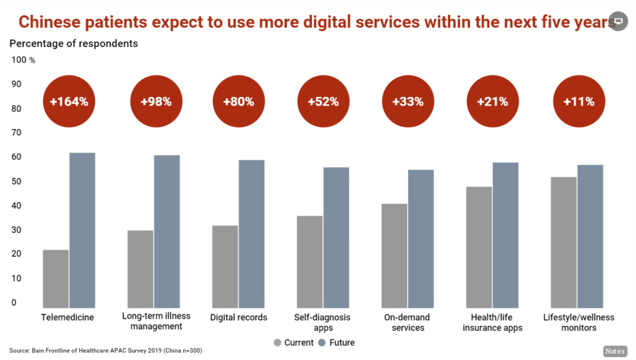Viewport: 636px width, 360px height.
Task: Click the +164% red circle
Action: [x=69, y=101]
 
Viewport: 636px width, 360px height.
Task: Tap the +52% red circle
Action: [x=324, y=101]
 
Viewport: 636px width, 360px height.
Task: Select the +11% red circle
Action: [x=579, y=101]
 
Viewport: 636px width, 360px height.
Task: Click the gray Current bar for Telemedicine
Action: [x=56, y=279]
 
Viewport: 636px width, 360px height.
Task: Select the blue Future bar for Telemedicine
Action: [x=82, y=230]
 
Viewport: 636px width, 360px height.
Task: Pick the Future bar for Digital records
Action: [x=251, y=234]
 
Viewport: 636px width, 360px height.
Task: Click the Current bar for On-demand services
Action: [x=394, y=256]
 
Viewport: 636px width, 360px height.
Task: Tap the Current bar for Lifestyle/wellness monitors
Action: [x=563, y=243]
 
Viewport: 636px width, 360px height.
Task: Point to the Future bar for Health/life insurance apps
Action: [x=505, y=235]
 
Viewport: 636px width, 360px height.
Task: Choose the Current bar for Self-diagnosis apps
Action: [x=309, y=262]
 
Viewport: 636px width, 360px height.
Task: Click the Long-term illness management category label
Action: [x=156, y=321]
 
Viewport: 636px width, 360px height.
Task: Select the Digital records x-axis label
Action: [x=238, y=317]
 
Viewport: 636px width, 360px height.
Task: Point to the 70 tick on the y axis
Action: [x=16, y=133]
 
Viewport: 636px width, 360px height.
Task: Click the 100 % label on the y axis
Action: [x=23, y=60]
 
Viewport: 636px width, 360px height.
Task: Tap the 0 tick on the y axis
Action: [x=14, y=303]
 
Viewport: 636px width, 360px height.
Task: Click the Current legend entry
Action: [x=294, y=343]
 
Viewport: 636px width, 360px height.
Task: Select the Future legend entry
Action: [x=337, y=343]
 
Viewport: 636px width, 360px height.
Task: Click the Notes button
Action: [x=615, y=351]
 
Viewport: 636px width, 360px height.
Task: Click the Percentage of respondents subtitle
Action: [x=74, y=44]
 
